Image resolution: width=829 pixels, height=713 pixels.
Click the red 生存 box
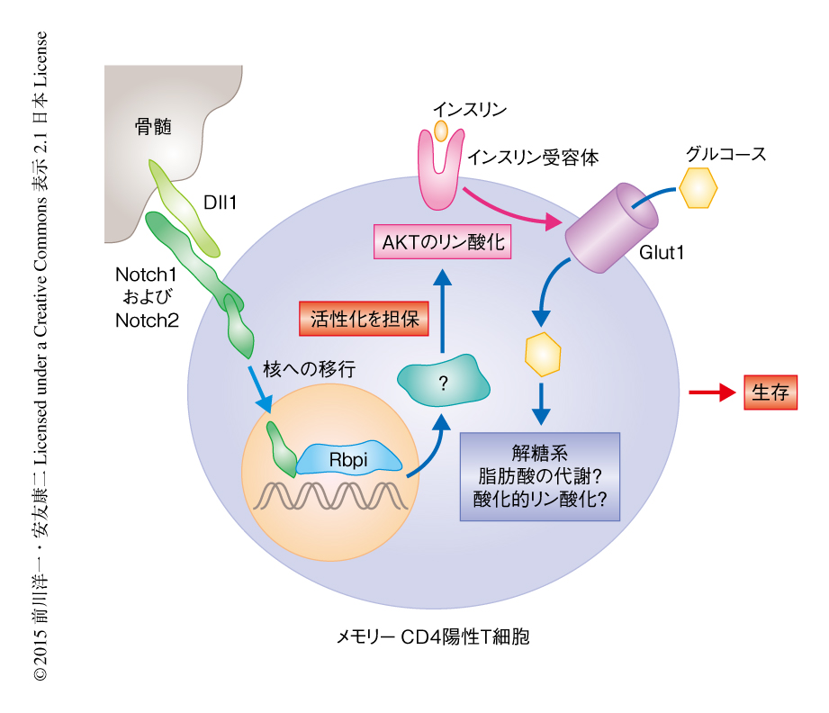coord(770,393)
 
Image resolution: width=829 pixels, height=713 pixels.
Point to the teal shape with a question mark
coord(443,384)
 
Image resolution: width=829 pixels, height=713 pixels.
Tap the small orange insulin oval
coord(441,130)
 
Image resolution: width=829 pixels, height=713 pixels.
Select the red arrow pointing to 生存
coord(711,393)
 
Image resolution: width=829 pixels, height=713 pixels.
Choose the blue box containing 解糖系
coord(539,476)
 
